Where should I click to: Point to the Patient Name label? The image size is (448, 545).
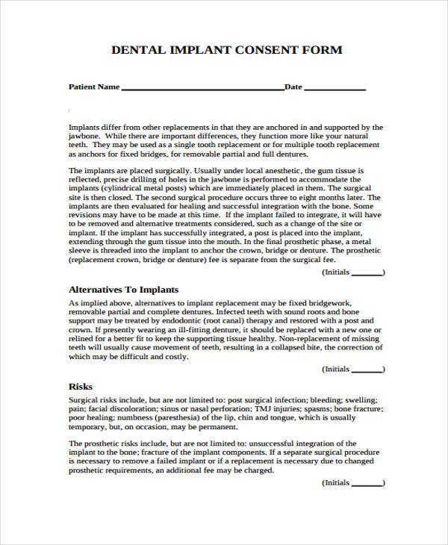[94, 87]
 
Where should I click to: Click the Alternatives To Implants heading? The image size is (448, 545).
[124, 288]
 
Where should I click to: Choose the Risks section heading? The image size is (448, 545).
[81, 387]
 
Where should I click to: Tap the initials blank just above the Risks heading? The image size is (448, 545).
[367, 369]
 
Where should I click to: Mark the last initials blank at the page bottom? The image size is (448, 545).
[367, 483]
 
